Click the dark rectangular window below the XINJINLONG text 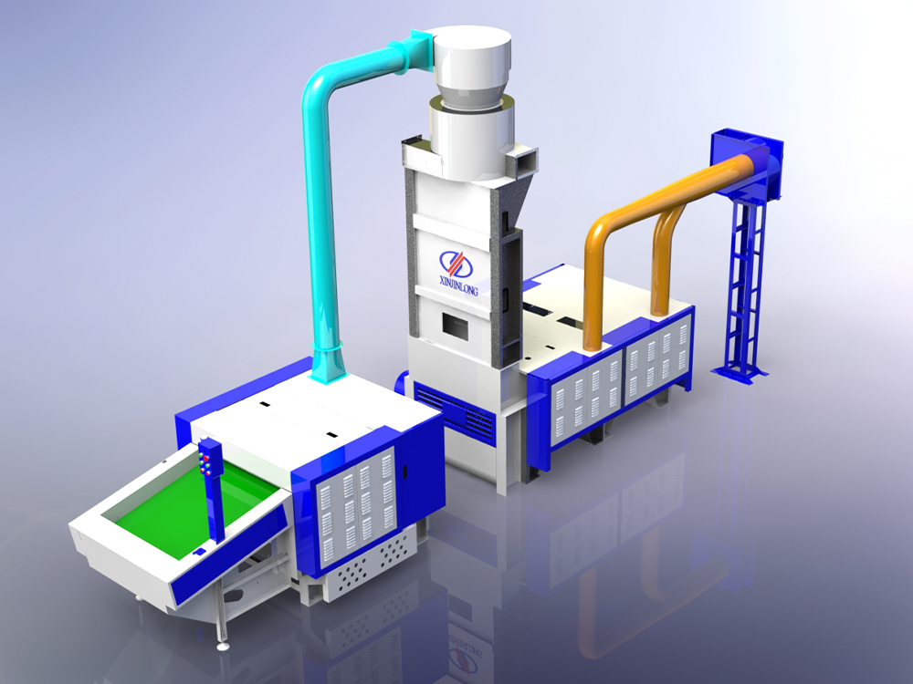point(455,326)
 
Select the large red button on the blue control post point(205,459)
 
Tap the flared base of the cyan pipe point(328,364)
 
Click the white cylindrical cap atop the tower point(470,57)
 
